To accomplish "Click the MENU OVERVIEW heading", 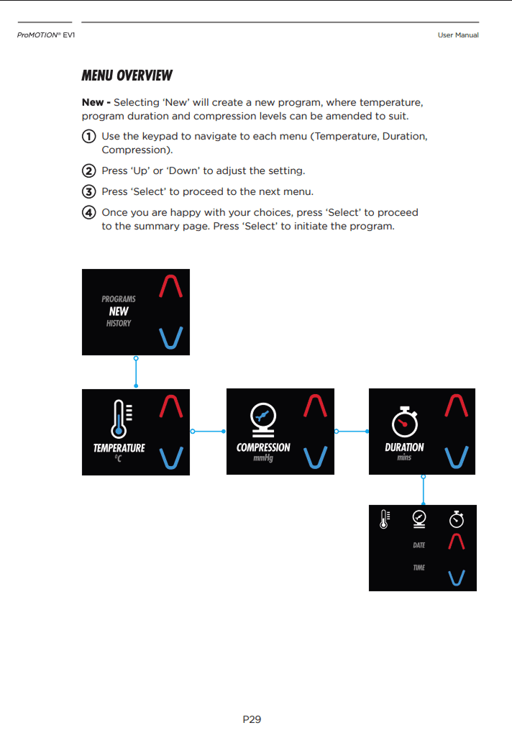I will (127, 76).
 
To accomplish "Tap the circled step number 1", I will (88, 137).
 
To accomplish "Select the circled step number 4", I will (88, 213).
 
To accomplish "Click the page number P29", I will (252, 719).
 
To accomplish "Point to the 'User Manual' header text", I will (457, 35).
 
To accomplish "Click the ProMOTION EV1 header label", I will (46, 35).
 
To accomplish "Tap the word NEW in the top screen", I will (119, 311).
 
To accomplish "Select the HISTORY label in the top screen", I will (119, 324).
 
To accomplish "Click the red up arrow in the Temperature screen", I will (170, 406).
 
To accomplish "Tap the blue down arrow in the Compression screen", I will (316, 457).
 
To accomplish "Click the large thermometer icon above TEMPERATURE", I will (119, 419).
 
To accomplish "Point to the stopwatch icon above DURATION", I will (404, 421).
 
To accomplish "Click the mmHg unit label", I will (263, 458).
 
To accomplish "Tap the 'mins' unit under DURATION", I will (404, 457).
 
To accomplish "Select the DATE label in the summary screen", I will (419, 545).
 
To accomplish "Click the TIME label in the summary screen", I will (419, 567).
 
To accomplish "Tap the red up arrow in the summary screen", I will (457, 542).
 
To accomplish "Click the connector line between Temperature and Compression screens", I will (208, 432).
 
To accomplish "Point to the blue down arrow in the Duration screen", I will (457, 457).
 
